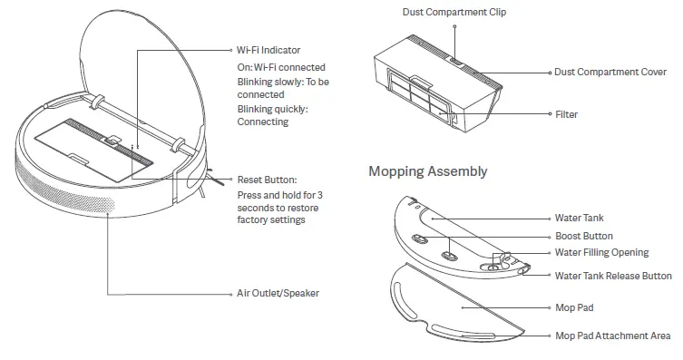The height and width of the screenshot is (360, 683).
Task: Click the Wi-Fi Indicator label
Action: pyautogui.click(x=268, y=51)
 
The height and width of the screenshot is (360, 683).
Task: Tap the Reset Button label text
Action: pyautogui.click(x=266, y=180)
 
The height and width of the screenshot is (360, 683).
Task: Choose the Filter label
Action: pyautogui.click(x=566, y=115)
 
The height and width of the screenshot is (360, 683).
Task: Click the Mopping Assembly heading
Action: pyautogui.click(x=427, y=171)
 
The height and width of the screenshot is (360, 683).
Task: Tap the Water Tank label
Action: pyautogui.click(x=579, y=219)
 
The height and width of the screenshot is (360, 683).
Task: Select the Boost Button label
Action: pyautogui.click(x=584, y=236)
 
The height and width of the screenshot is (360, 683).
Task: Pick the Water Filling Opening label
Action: pyautogui.click(x=601, y=253)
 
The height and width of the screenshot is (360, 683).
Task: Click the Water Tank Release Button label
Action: pyautogui.click(x=613, y=276)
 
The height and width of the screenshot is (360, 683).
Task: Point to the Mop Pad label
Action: pyautogui.click(x=574, y=308)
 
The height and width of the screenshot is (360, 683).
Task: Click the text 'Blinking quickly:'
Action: pyautogui.click(x=272, y=109)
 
